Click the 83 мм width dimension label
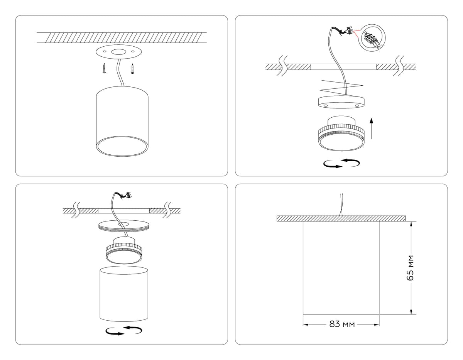(x=342, y=324)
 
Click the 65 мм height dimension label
(x=410, y=268)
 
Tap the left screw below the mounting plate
(x=104, y=68)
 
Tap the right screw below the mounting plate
(x=132, y=69)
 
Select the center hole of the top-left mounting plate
(x=119, y=52)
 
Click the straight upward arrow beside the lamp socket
(x=372, y=128)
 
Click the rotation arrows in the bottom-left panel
(x=124, y=330)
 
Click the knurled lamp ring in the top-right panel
(x=341, y=134)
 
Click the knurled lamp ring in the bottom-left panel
(x=124, y=251)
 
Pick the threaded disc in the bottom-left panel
(x=124, y=226)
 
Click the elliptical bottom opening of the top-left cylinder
(x=122, y=146)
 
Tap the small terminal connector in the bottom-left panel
(x=128, y=194)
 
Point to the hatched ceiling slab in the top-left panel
(x=122, y=38)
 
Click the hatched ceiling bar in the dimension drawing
(x=341, y=218)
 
